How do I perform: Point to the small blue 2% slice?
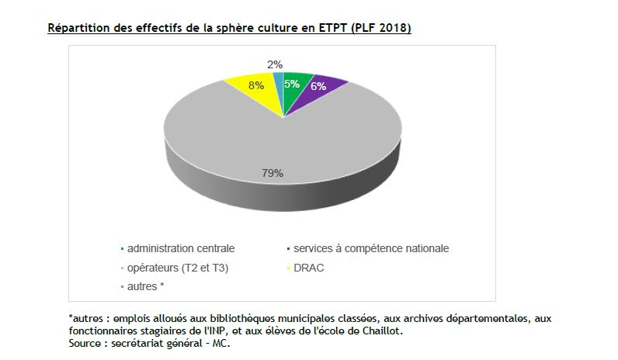tap(279, 79)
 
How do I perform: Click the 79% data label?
tap(271, 173)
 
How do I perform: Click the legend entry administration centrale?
tap(180, 249)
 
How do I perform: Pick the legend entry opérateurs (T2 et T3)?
tap(178, 268)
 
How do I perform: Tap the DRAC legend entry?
tap(311, 268)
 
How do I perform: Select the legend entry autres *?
tap(146, 286)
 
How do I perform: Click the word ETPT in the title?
tap(331, 29)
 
